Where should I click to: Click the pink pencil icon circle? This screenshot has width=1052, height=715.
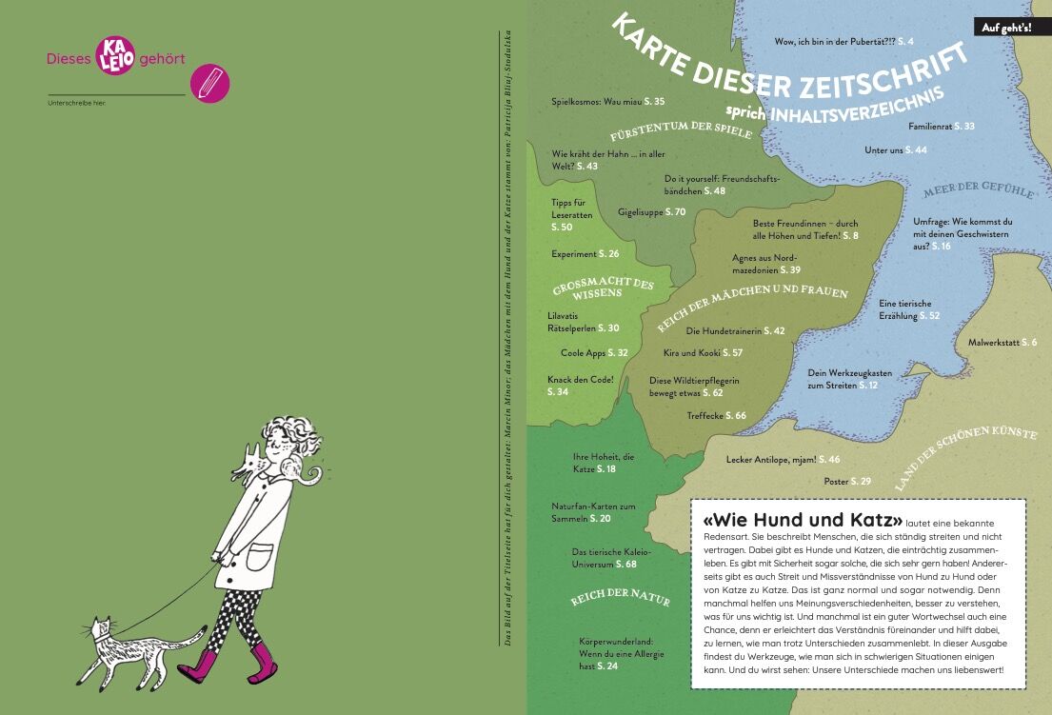click(x=209, y=83)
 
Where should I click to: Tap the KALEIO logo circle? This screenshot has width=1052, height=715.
click(x=114, y=57)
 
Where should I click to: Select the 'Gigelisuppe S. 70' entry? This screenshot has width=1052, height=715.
click(x=651, y=210)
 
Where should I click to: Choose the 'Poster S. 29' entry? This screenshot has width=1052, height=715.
click(x=846, y=481)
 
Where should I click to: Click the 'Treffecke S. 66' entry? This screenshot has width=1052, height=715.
click(x=716, y=415)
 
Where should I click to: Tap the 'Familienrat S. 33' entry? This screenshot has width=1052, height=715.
click(x=941, y=126)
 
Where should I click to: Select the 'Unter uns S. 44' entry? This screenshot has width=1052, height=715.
click(x=895, y=150)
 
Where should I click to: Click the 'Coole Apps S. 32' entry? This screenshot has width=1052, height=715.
click(x=594, y=352)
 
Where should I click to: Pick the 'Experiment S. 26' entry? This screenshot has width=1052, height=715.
click(x=585, y=253)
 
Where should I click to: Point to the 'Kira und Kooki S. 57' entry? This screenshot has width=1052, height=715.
click(x=703, y=352)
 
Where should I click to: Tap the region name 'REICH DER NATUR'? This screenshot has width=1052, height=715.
click(x=620, y=600)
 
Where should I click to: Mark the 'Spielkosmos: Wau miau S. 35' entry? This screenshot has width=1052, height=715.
click(x=607, y=101)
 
